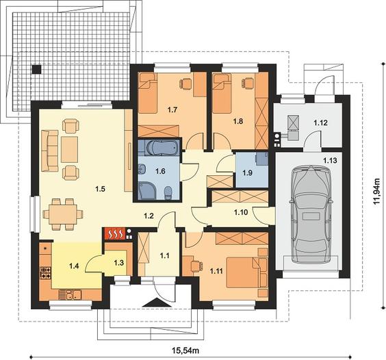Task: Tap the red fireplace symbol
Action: click(115, 233)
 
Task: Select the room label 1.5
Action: click(100, 189)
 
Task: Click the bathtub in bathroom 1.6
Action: click(162, 149)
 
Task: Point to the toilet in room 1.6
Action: click(168, 193)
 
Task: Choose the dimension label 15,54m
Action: click(185, 350)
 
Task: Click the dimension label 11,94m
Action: click(377, 192)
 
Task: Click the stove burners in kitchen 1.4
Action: click(46, 273)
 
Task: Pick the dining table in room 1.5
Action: click(63, 214)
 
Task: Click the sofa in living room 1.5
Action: click(50, 151)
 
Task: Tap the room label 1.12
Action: click(320, 123)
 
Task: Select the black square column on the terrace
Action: click(36, 69)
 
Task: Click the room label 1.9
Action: click(247, 172)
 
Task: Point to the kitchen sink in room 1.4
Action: click(75, 294)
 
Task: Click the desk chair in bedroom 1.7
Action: click(185, 83)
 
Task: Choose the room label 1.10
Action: click(241, 212)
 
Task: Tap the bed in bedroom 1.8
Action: click(222, 94)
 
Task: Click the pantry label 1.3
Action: click(118, 263)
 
